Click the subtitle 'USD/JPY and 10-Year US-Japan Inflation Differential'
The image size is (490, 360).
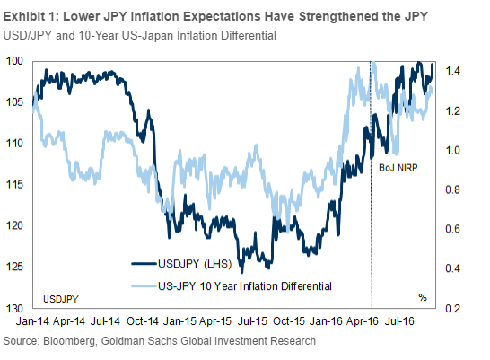click(140, 36)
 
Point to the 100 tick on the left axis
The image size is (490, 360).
click(15, 61)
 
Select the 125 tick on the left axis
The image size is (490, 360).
click(15, 267)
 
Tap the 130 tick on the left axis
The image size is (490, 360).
click(15, 308)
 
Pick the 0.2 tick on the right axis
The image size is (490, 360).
click(452, 308)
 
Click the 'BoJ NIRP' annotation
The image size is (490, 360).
click(393, 166)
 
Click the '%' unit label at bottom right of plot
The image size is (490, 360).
click(421, 296)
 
